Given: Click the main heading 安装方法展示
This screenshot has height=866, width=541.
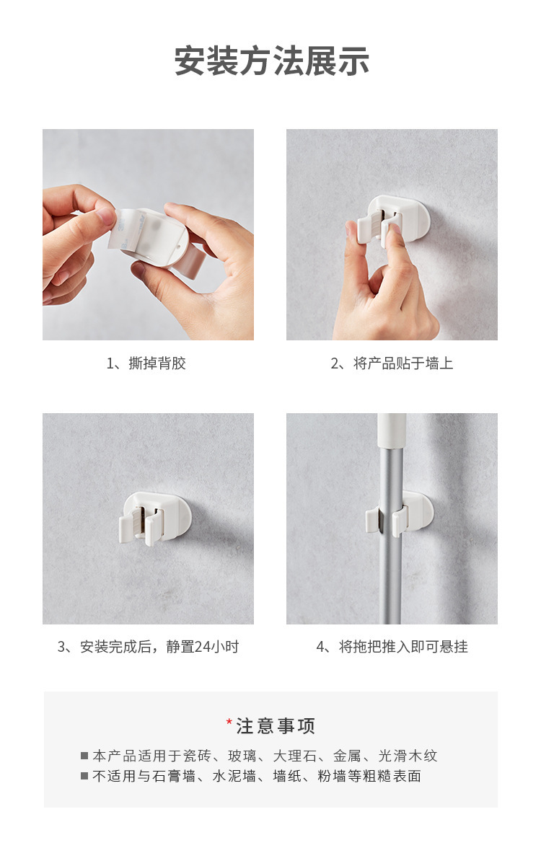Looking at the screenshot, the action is coord(271,61).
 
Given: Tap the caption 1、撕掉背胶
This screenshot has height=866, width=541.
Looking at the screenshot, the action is coord(146,363).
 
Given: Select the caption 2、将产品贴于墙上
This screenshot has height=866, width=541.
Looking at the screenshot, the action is coord(392,363).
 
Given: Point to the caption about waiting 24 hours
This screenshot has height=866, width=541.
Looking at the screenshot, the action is coord(148,647).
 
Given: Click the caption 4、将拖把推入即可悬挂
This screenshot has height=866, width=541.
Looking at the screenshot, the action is coord(392,647).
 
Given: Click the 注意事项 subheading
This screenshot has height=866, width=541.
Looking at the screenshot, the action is coord(276,726).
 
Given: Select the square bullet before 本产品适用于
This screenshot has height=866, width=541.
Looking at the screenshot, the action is coord(84,756).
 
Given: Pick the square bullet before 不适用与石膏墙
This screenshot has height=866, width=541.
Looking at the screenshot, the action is coord(84,776).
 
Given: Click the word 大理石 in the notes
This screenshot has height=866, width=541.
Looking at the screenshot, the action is coord(295,756).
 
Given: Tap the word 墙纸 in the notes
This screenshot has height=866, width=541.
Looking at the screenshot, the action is coord(287,776).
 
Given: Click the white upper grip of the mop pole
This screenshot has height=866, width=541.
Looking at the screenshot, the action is coord(392,430).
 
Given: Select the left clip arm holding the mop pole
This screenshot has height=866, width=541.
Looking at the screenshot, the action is coord(373,521).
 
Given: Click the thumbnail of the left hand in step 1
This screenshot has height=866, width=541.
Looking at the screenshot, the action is coord(105,216).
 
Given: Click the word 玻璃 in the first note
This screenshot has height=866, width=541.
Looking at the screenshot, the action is coord(242,756).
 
